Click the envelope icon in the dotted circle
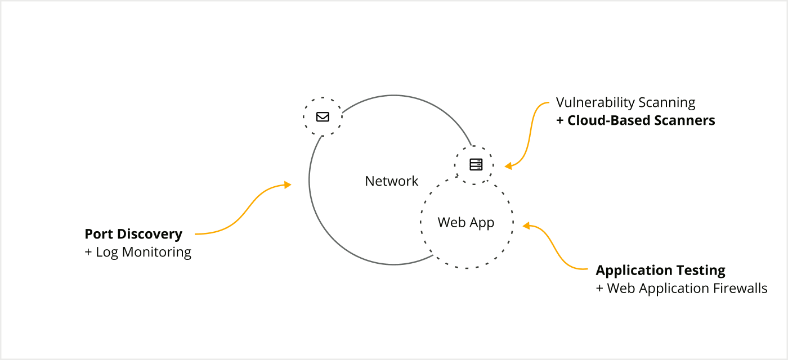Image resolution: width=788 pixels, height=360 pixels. coord(323,117)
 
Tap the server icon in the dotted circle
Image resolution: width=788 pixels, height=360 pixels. coord(476,164)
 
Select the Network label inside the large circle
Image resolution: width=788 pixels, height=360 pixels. coord(392,181)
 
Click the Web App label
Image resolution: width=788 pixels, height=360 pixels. coord(466,222)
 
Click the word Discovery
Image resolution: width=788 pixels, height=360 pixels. coord(150,234)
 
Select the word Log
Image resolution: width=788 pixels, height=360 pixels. coord(107,252)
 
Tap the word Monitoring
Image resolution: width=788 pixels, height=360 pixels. coord(156,252)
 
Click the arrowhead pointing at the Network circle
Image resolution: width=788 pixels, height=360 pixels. coord(288,184)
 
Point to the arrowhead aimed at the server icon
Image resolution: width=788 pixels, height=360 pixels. coord(508,166)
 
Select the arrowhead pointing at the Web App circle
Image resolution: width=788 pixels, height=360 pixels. coord(526,226)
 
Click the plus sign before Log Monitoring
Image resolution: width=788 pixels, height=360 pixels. coord(88,252)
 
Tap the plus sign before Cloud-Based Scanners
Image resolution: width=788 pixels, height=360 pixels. coord(560,120)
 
